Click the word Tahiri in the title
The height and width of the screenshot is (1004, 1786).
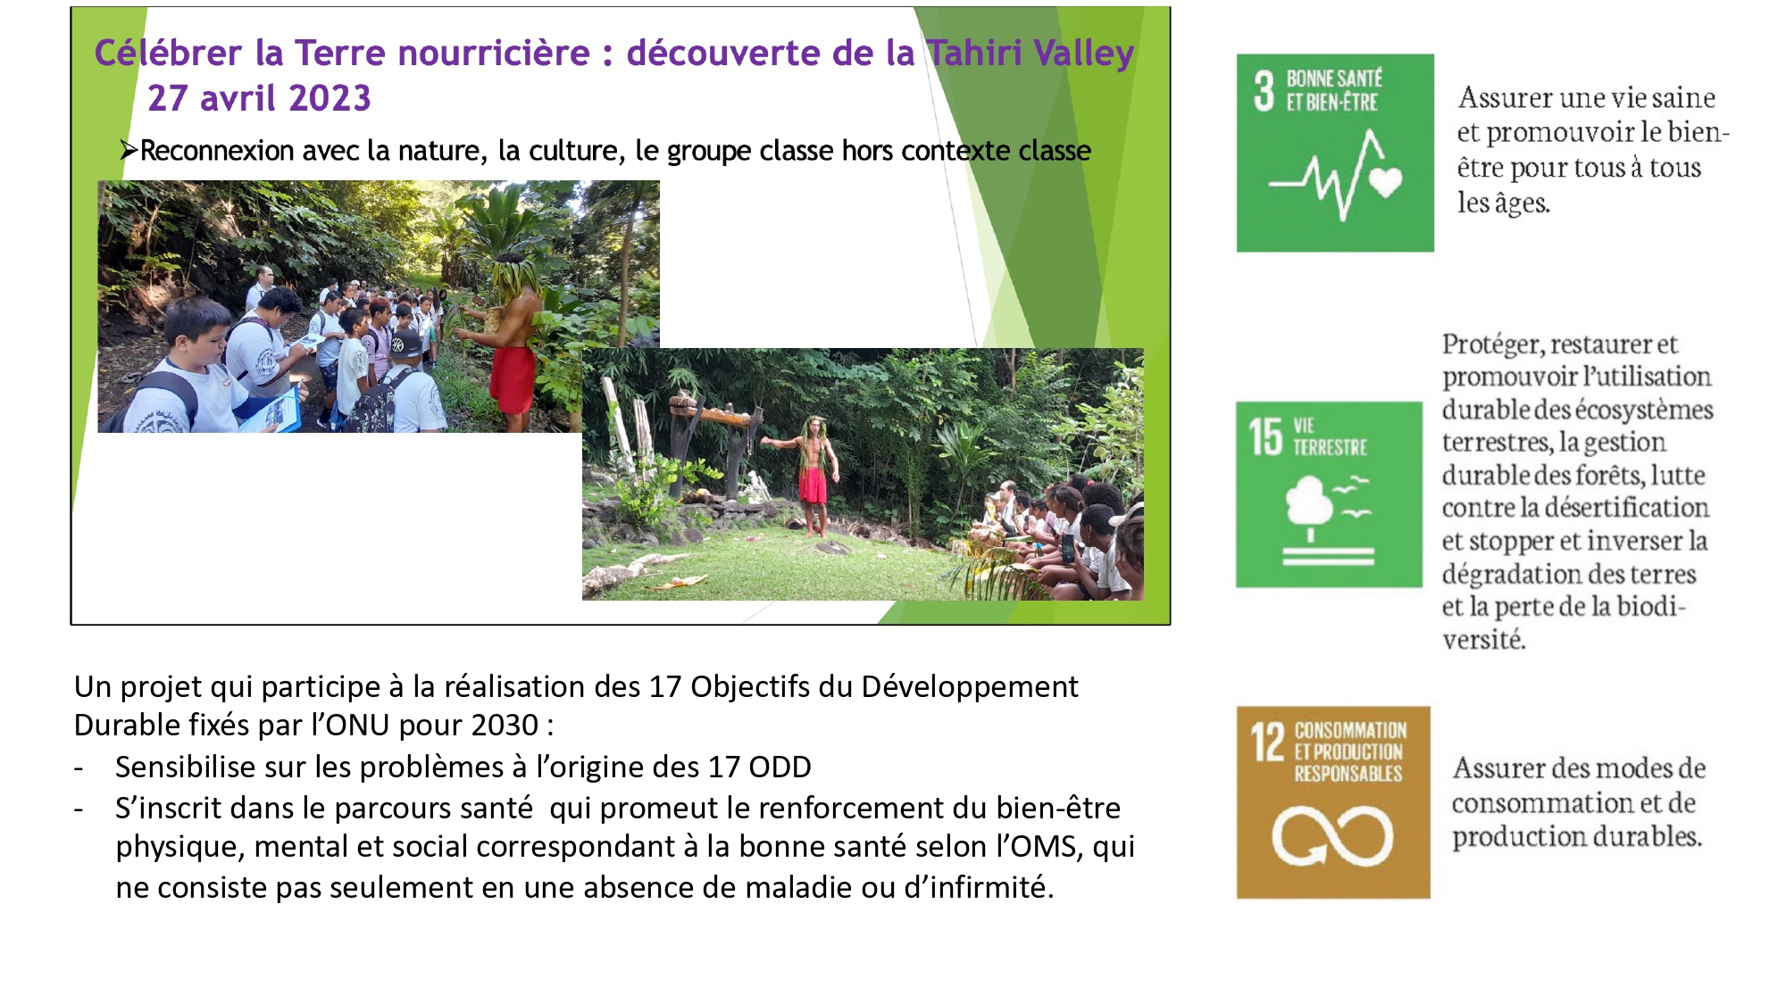977,54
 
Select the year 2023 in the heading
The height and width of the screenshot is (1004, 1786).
330,98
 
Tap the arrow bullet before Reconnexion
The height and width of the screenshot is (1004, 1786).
129,151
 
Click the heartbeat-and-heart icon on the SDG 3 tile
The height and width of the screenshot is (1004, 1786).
1335,176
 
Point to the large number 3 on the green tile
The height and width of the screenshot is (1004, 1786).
1264,90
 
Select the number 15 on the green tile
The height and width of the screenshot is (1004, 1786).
1265,436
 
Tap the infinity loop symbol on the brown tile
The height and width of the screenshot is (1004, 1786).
1332,836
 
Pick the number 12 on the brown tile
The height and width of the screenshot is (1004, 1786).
1267,743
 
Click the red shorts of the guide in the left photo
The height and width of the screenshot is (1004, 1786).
513,379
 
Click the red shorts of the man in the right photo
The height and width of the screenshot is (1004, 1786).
813,485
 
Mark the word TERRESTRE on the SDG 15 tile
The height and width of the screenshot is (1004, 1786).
1330,446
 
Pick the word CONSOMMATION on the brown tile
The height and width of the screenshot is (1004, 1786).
1350,730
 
